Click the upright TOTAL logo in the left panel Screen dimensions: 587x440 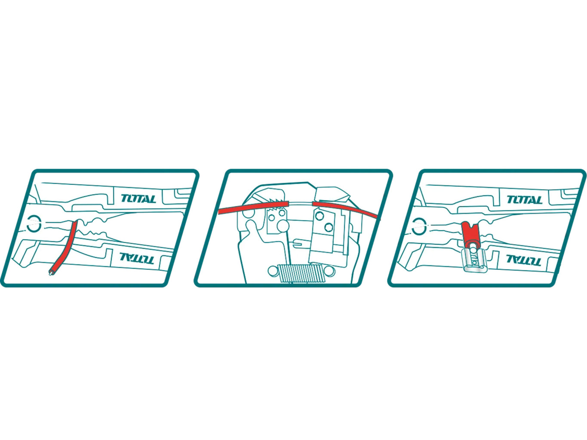point(138,199)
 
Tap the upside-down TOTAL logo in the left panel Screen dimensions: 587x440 point(136,258)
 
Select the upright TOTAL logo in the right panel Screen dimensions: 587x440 point(524,199)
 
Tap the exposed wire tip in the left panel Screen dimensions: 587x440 point(51,273)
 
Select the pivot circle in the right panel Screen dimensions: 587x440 point(419,225)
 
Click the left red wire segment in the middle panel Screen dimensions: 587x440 point(254,208)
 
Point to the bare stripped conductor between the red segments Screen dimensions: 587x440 point(301,203)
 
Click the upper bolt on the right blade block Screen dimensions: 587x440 point(319,217)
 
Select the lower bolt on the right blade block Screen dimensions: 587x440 point(329,227)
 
